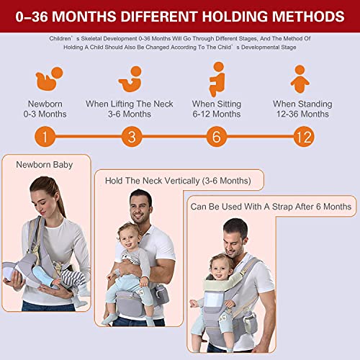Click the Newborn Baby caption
(45, 165)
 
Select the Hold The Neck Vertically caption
(177, 181)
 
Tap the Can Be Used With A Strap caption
(271, 207)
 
